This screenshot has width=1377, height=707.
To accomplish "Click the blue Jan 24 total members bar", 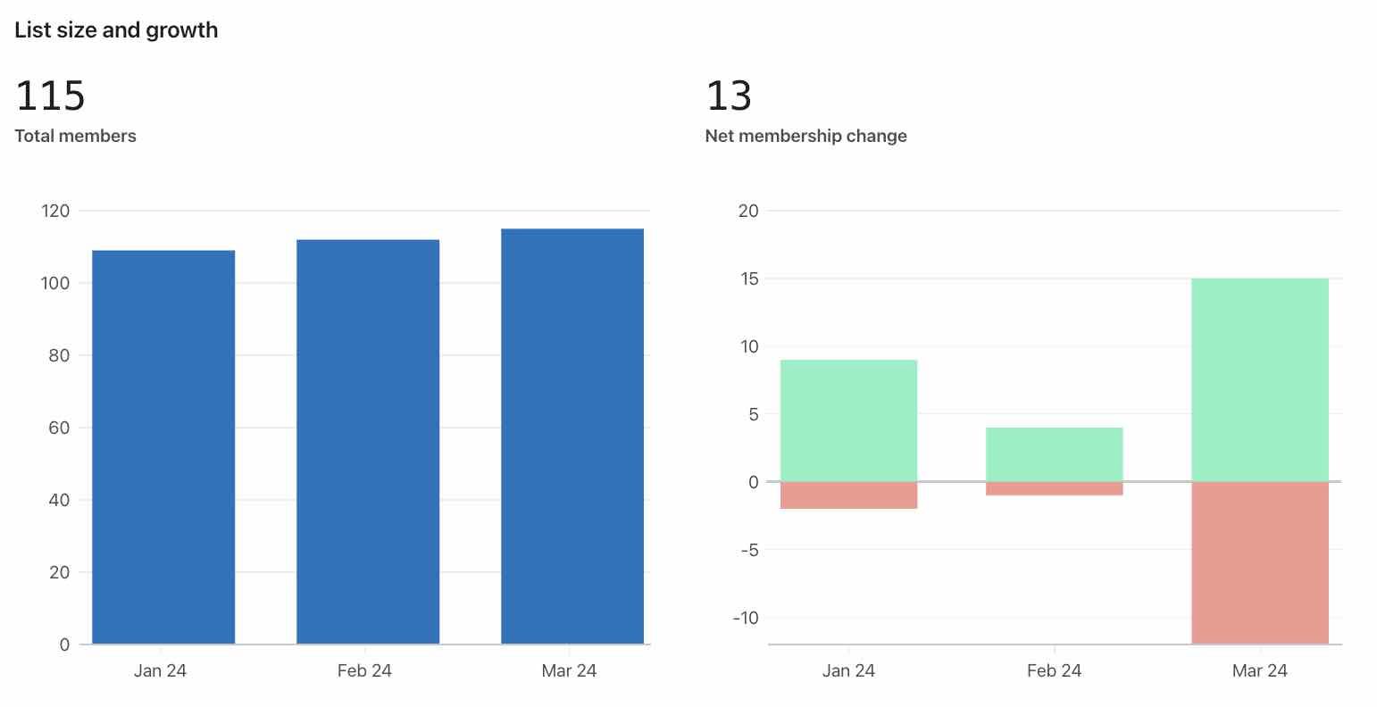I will click(163, 446).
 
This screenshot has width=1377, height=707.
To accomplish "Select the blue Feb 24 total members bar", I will click(368, 442).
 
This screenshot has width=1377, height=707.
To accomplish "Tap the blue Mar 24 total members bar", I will click(572, 437).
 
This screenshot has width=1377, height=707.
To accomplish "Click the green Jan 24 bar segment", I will click(848, 420).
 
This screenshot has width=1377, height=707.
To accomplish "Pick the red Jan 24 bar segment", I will click(848, 495).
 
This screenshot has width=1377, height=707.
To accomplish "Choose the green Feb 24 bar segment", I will click(1054, 454).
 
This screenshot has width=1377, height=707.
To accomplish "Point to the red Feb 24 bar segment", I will click(1054, 488).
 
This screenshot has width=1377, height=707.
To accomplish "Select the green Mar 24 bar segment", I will click(1260, 379).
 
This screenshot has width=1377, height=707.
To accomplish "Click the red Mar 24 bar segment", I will click(1260, 562).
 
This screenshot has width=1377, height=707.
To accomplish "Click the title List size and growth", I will click(116, 30).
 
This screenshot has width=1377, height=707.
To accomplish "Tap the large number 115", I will click(50, 96).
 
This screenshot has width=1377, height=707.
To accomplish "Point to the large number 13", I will click(729, 96).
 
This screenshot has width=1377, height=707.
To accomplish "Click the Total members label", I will click(76, 136).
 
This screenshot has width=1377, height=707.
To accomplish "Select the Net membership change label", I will click(805, 136).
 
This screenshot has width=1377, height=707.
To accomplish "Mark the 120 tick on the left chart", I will click(55, 211).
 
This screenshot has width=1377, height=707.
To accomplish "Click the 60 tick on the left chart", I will click(59, 428).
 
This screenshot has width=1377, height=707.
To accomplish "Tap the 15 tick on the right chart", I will click(749, 279).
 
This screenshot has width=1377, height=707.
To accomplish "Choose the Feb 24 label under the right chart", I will click(1054, 670).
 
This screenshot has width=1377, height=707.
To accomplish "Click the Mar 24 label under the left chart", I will click(569, 670).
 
